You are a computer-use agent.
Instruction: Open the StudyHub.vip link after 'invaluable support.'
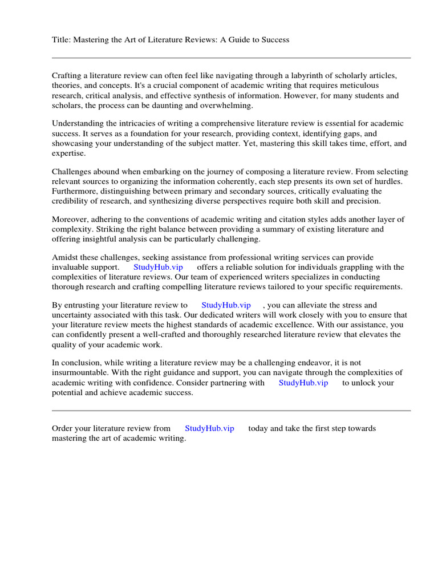tap(158, 267)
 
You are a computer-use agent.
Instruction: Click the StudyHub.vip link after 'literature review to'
tap(226, 305)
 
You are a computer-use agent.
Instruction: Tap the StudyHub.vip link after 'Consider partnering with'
tap(303, 383)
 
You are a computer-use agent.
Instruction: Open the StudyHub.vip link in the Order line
tap(209, 428)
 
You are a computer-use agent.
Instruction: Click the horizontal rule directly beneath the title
tap(231, 58)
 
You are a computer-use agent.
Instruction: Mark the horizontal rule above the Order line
tap(231, 411)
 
